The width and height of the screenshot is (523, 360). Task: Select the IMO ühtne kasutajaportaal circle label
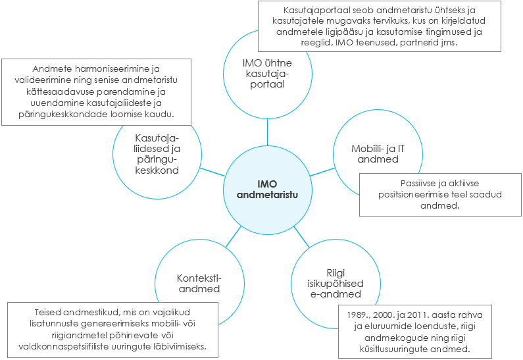click(x=267, y=74)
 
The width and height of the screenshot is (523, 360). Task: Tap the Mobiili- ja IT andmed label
click(x=378, y=154)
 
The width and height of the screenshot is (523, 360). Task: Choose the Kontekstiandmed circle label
click(x=198, y=283)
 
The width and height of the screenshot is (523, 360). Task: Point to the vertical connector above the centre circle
click(x=267, y=134)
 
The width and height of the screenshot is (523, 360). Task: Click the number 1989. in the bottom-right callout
click(x=359, y=317)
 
